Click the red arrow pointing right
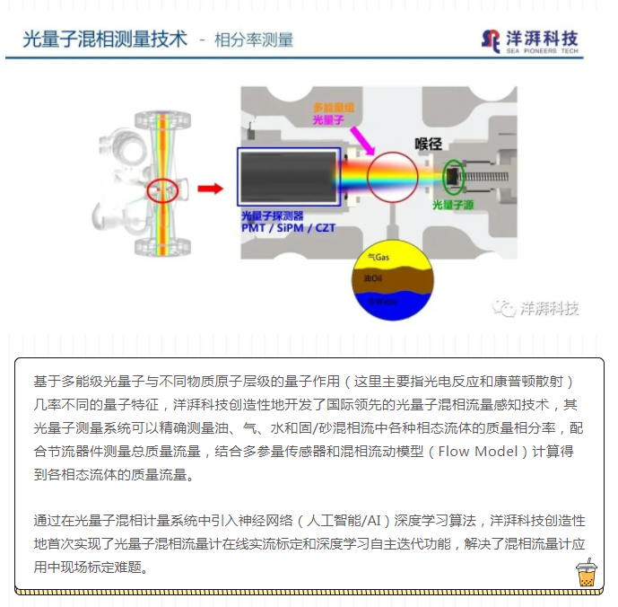pos(210,189)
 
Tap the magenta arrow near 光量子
pos(361,139)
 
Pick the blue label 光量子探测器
pos(273,216)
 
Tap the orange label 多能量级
pos(333,107)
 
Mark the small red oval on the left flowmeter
pos(162,189)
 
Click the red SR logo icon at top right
pos(491,40)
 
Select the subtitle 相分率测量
pos(254,40)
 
